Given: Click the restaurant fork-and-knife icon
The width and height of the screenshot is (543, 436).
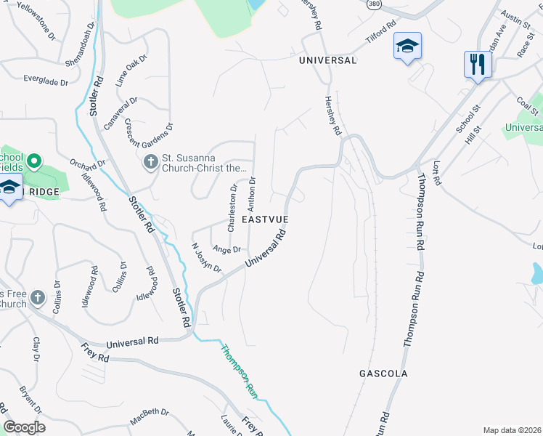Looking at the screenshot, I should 478,65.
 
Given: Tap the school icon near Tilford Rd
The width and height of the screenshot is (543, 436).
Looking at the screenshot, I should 407,47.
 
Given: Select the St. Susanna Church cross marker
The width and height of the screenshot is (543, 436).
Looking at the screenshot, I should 150,161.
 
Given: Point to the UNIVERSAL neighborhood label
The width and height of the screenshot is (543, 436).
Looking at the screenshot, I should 328,61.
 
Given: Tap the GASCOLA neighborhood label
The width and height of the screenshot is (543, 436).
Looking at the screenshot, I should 383,374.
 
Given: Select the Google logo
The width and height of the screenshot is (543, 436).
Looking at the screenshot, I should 24,427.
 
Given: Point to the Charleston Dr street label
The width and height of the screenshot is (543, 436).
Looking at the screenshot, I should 233,208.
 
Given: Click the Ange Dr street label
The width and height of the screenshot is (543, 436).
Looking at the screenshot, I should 226,249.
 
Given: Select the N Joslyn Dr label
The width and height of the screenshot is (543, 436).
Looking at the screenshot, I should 206,258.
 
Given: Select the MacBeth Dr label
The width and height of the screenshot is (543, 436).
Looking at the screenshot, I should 150,417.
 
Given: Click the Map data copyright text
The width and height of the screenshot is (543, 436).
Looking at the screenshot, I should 513,430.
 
